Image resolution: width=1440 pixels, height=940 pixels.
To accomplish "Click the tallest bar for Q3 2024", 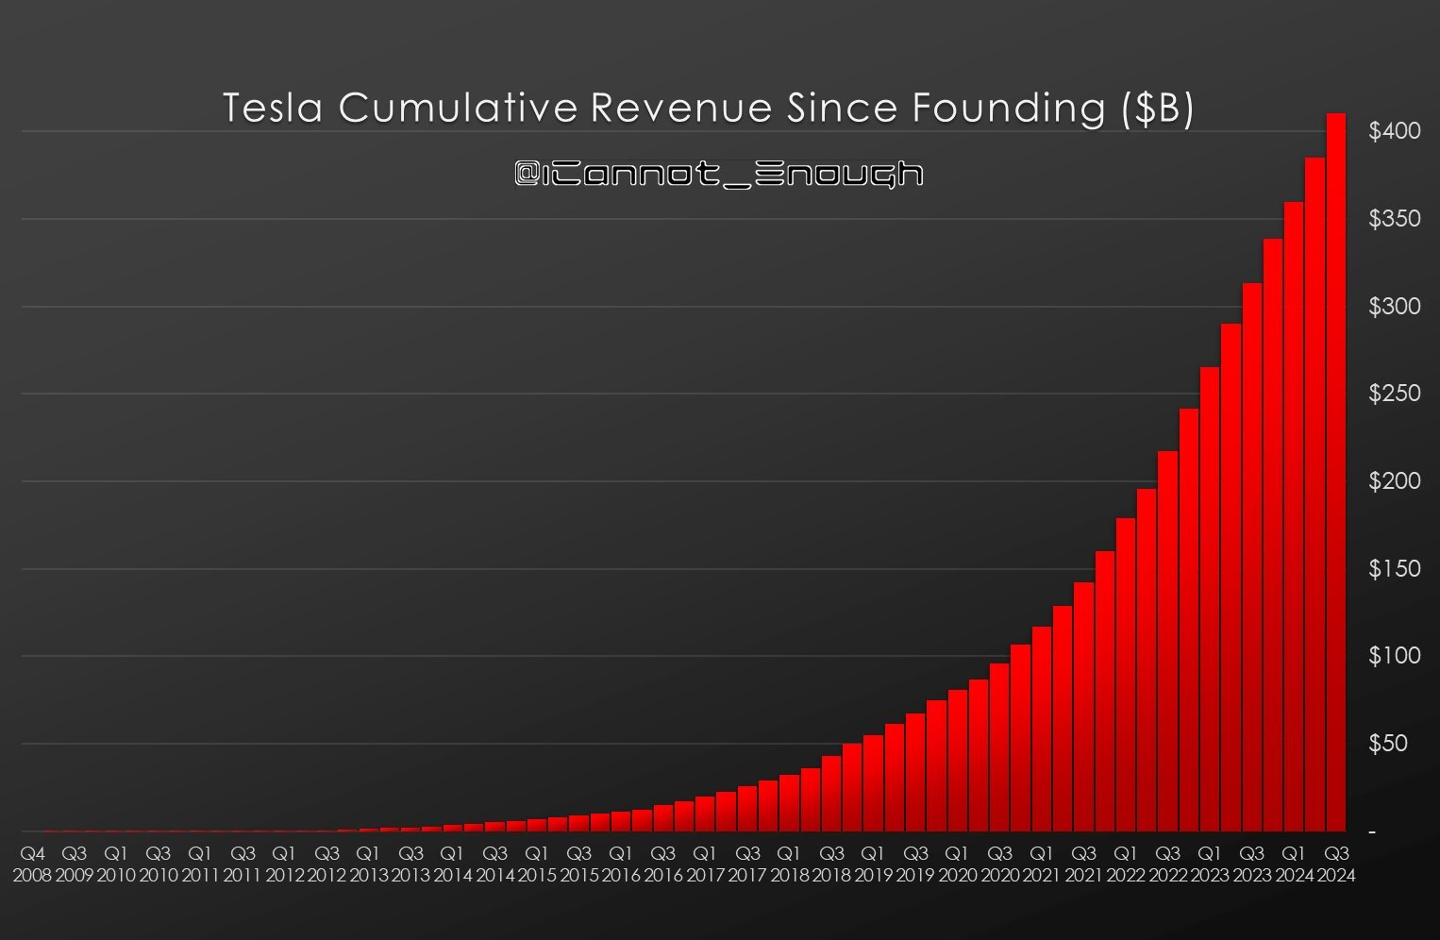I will (x=1336, y=472).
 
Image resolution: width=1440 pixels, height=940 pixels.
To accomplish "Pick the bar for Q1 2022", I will (x=1126, y=675).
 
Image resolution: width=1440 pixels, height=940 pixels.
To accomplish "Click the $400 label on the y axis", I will (x=1394, y=132).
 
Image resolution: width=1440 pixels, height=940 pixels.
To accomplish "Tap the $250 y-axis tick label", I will (x=1394, y=394).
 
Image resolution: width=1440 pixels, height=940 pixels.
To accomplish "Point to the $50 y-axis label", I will (x=1388, y=744).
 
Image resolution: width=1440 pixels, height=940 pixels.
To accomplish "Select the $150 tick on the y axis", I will (x=1394, y=569).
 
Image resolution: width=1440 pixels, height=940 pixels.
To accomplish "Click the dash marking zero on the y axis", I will (x=1373, y=831).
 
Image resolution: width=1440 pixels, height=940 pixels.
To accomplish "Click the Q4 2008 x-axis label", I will (x=32, y=864).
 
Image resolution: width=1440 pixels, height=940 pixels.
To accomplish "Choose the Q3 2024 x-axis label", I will (x=1336, y=864).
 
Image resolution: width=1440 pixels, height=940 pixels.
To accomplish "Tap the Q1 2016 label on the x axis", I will (x=621, y=864).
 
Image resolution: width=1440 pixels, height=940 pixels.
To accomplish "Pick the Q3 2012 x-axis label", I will (x=327, y=864).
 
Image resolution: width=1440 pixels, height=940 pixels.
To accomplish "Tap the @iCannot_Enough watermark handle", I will (x=719, y=174).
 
